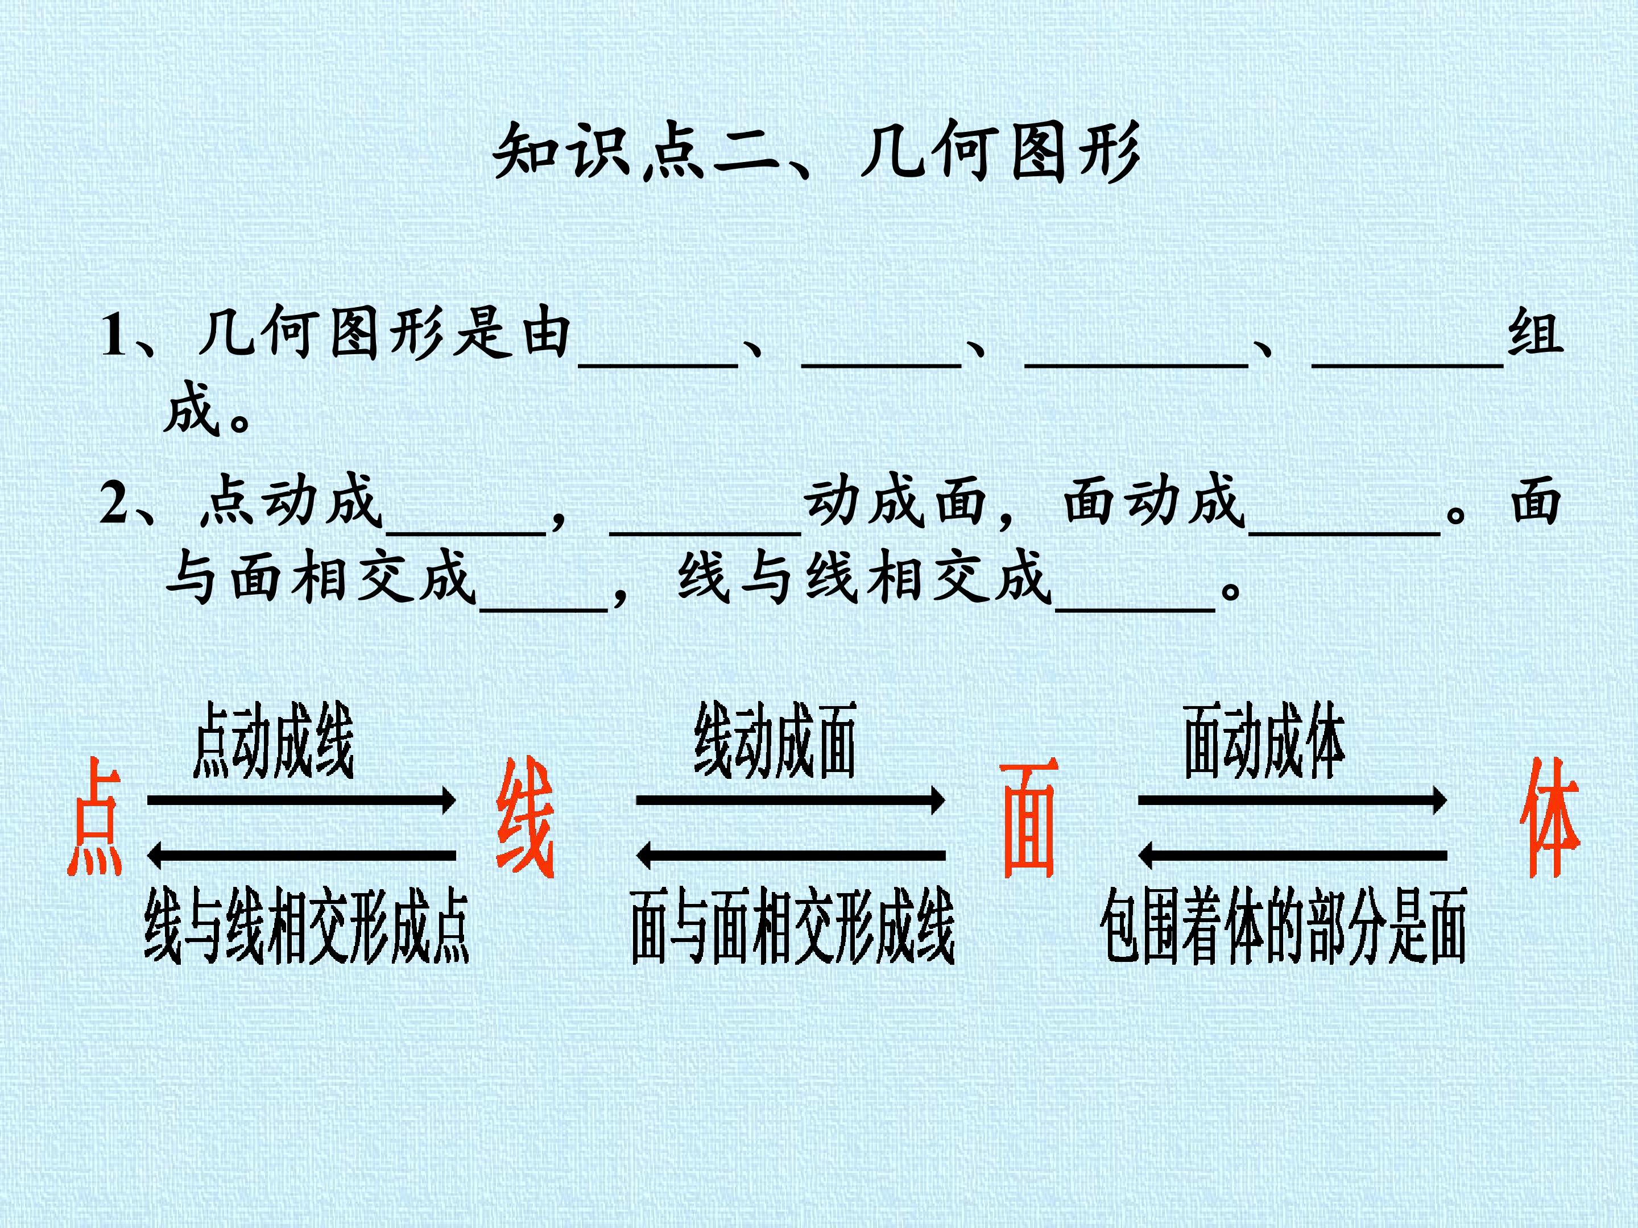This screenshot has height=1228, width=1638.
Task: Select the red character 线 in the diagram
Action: point(525,818)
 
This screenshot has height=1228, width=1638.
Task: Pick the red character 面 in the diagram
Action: point(1029,819)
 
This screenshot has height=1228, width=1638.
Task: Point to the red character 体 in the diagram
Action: point(1550,818)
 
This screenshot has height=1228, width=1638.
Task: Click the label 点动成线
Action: point(273,740)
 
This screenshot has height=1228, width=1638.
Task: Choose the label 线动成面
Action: point(775,740)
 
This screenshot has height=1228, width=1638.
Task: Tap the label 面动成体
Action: point(1264,740)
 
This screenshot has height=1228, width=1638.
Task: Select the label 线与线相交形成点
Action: point(307,926)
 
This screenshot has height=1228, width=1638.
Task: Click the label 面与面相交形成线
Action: point(792,926)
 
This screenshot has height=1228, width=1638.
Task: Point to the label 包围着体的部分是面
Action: point(1283,926)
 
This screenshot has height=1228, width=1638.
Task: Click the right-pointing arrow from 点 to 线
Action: point(301,800)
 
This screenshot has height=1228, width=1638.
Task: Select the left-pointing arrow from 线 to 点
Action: point(301,856)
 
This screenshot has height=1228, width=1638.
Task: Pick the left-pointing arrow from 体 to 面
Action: point(1292,856)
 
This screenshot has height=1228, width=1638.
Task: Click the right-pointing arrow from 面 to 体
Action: point(1292,800)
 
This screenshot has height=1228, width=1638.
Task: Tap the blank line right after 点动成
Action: point(466,531)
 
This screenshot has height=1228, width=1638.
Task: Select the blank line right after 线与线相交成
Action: point(1135,610)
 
